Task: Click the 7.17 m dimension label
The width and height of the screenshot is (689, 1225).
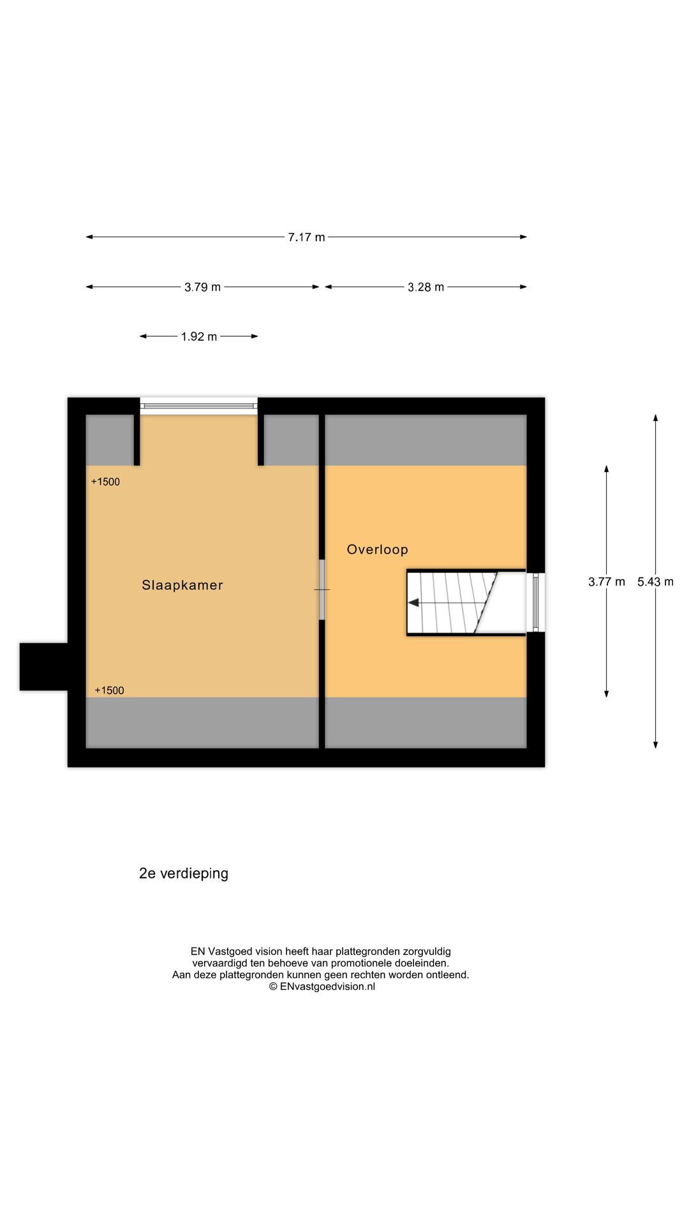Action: click(x=306, y=237)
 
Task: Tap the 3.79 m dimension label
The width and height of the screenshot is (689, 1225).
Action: click(x=202, y=287)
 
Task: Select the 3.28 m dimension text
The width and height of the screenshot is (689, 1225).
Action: click(x=426, y=287)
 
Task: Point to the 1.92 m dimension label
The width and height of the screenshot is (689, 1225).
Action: click(x=198, y=336)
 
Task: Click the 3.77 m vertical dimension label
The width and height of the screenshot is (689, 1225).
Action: click(x=606, y=582)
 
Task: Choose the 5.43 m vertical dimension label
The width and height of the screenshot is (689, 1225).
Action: click(x=655, y=582)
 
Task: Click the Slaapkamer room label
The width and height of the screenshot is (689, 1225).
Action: click(x=182, y=585)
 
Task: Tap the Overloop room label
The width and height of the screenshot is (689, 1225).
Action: click(x=377, y=549)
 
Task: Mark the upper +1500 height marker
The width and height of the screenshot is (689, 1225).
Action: click(x=105, y=482)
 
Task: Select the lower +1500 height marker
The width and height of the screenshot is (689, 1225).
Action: click(x=109, y=690)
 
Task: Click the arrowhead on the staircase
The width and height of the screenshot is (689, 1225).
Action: click(x=413, y=602)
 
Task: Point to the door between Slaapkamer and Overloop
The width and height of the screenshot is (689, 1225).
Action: click(x=322, y=590)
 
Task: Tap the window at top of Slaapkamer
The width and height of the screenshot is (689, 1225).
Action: click(x=198, y=406)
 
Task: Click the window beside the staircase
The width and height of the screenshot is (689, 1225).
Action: click(x=535, y=602)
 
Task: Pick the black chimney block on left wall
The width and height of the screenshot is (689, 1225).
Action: click(x=43, y=667)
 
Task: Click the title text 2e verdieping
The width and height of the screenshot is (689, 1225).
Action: click(x=184, y=873)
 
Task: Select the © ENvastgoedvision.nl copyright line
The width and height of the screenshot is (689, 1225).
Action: click(x=322, y=986)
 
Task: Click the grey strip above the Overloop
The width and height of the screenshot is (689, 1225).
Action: click(x=426, y=440)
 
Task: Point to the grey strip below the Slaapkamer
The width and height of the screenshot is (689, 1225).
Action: click(x=202, y=722)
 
